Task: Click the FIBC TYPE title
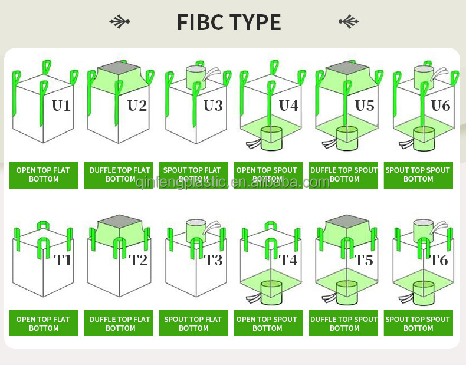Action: (229, 22)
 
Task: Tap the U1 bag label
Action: (61, 106)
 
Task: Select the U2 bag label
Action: (137, 106)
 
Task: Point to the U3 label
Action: (213, 106)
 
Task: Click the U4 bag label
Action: (288, 106)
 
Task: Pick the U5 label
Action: (365, 106)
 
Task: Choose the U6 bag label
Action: (441, 106)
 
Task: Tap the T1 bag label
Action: (63, 260)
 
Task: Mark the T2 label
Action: (138, 260)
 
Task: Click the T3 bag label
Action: (214, 260)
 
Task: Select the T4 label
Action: (288, 260)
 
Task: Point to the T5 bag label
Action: (364, 260)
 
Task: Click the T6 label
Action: (439, 260)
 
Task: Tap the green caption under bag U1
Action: (43, 175)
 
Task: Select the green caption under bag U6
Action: (418, 175)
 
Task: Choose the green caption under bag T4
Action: (268, 323)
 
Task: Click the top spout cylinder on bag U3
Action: (196, 77)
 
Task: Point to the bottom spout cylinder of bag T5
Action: (347, 292)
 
